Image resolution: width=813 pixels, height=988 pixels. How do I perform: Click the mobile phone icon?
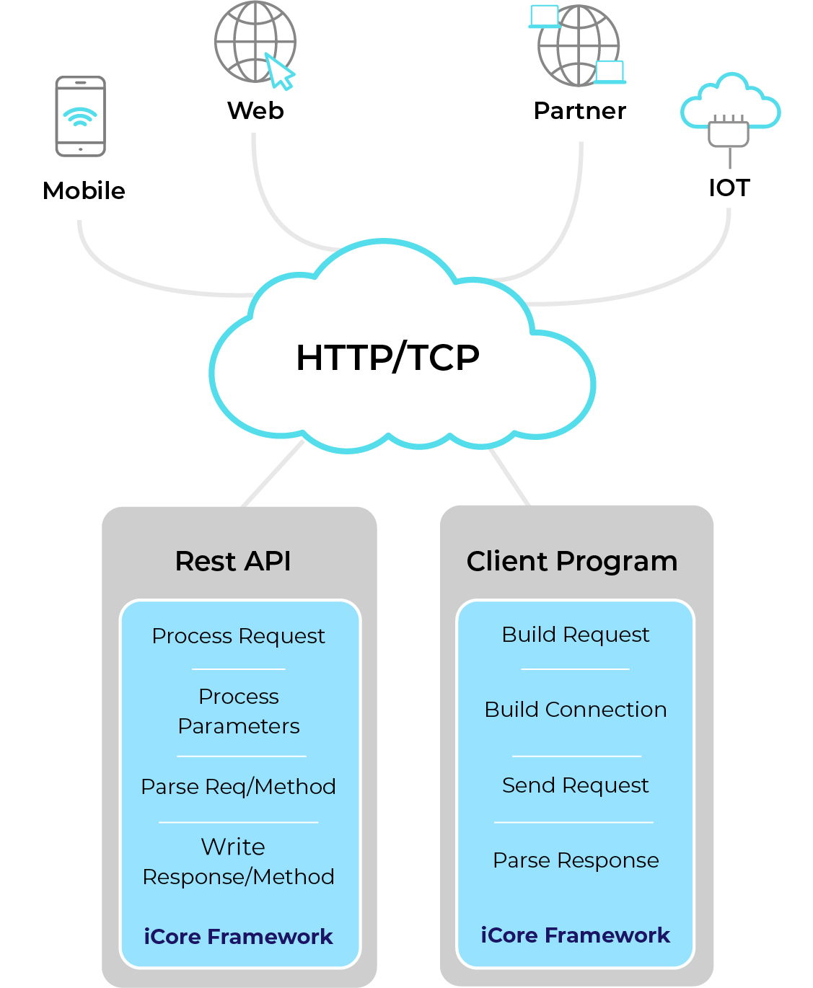click(81, 116)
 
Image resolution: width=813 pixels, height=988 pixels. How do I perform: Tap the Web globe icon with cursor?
click(255, 43)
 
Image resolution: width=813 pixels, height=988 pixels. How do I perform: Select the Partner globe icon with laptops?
click(578, 45)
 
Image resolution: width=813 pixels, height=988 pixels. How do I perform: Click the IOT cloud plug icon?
click(730, 115)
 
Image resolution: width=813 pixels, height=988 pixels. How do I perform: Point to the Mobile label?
click(84, 191)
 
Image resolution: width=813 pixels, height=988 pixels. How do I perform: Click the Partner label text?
click(580, 111)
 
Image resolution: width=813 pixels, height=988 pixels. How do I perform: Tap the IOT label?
click(729, 188)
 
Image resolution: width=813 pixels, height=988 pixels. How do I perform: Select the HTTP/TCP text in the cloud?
click(388, 358)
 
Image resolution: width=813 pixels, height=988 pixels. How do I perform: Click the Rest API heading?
click(233, 561)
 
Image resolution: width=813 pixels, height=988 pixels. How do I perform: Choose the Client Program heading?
click(572, 561)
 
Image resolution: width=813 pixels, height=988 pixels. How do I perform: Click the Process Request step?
click(239, 636)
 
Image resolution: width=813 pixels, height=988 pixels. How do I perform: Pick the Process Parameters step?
click(239, 711)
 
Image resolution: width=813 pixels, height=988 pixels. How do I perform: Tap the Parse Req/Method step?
click(239, 787)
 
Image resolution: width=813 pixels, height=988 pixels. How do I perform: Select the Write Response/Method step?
click(239, 862)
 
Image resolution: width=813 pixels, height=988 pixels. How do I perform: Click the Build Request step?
click(576, 635)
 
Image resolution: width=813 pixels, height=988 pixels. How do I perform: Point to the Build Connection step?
click(576, 710)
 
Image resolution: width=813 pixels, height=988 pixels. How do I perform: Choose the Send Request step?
click(576, 785)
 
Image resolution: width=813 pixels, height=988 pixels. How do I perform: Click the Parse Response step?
click(576, 860)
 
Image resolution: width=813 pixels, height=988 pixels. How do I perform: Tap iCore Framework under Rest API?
click(239, 937)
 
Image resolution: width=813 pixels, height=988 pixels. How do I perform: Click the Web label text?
click(255, 111)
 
